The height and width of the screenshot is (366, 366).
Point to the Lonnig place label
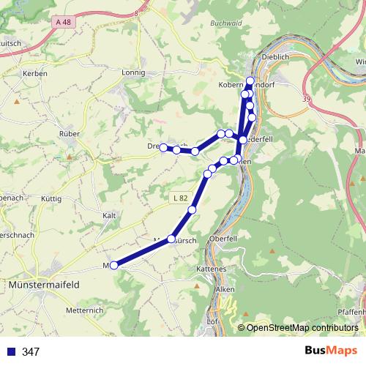pos(134,73)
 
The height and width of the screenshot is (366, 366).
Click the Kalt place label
pos(110,215)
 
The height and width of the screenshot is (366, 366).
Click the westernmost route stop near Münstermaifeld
pos(113,266)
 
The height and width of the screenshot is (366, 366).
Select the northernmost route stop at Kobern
pos(250,81)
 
